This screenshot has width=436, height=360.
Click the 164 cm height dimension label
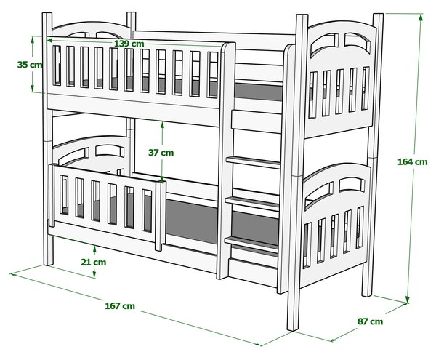[x=412, y=161]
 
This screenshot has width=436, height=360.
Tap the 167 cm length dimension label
[x=120, y=305]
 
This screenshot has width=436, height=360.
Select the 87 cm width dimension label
[x=370, y=321]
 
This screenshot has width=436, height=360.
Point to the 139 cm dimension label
[x=129, y=44]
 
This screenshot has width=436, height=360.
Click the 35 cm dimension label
[x=30, y=65]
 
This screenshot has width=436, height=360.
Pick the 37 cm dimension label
[x=161, y=153]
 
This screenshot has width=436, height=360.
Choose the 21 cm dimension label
[x=94, y=262]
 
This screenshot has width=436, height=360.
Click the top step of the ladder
[x=253, y=162]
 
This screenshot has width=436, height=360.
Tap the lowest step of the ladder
[x=251, y=244]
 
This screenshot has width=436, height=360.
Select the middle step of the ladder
[x=252, y=203]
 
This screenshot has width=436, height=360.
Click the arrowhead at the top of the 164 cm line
[x=421, y=17]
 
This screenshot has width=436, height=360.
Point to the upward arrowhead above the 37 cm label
[x=162, y=126]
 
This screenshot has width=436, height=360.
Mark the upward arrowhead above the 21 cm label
[x=94, y=249]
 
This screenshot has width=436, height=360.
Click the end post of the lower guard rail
[x=160, y=216]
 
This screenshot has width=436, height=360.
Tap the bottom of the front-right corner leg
[x=293, y=328]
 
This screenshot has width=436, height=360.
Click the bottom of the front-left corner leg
[x=49, y=263]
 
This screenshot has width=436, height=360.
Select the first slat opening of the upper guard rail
[x=57, y=65]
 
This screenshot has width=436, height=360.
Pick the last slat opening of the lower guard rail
[x=147, y=211]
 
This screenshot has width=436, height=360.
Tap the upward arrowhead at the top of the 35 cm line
[x=33, y=40]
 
